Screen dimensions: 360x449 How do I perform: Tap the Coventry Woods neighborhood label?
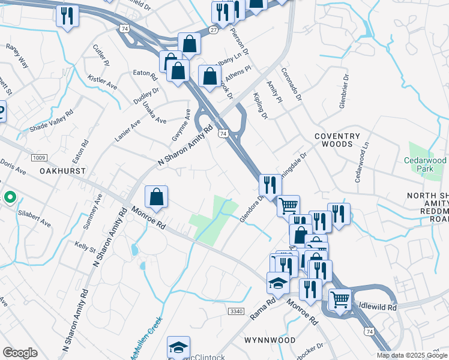(x=337, y=140)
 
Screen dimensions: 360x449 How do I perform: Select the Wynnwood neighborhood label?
(x=270, y=340)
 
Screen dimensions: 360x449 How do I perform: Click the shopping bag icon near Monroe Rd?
(x=156, y=197)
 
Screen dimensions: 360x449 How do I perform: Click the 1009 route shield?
(x=39, y=158)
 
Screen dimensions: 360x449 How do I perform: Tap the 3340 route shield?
(x=237, y=310)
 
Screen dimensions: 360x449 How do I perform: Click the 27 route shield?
(x=214, y=29)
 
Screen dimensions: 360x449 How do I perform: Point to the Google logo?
(x=20, y=353)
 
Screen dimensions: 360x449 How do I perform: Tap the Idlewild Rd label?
(x=378, y=307)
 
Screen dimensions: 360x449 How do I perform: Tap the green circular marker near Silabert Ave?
(x=10, y=197)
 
